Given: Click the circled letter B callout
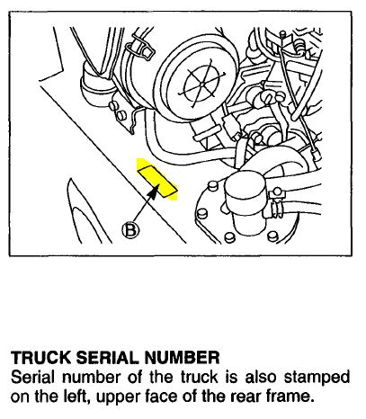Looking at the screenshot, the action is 130,230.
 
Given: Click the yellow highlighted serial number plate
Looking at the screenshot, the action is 157,180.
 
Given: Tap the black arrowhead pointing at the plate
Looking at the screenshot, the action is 153,192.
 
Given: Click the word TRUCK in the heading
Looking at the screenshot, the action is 41,358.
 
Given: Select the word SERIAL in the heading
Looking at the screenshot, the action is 107,358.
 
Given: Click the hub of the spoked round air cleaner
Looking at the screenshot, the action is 203,85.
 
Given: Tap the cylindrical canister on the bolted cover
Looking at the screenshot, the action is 245,202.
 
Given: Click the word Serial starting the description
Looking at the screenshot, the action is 32,377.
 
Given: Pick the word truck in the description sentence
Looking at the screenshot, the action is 200,377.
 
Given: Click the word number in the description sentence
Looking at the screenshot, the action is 91,377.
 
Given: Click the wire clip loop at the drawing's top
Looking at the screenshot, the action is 140,48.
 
